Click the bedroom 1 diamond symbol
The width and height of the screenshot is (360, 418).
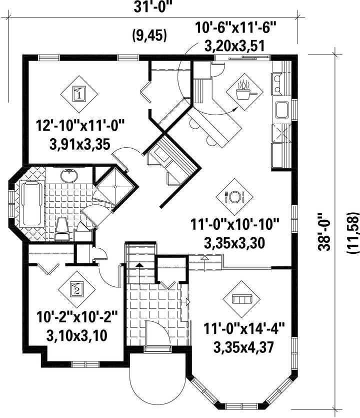point(79,94)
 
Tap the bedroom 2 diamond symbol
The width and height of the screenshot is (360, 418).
point(77,289)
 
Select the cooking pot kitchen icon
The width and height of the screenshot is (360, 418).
point(244,92)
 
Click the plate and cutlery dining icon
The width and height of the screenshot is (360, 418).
point(234,197)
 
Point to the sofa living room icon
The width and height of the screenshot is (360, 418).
point(242,299)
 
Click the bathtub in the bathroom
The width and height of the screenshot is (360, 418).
point(31,204)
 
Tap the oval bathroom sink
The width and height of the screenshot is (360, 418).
point(69,176)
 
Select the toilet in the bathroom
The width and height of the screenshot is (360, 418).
point(62,228)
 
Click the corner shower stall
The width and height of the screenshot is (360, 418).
point(116,187)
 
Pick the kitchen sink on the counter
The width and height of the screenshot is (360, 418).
point(282,110)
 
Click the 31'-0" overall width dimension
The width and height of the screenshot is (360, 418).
point(151,7)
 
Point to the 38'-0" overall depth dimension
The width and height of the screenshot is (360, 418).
point(324,232)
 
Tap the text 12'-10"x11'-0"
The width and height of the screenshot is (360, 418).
point(80,126)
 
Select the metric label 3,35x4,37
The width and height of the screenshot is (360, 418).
point(243,347)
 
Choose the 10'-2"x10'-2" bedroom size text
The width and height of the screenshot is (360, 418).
point(77,317)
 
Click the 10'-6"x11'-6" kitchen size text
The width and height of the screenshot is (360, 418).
point(235,27)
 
